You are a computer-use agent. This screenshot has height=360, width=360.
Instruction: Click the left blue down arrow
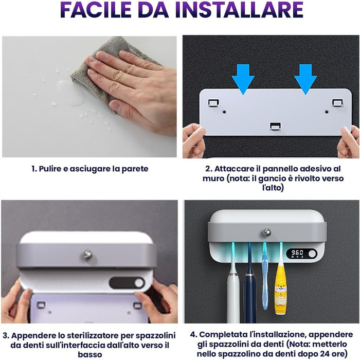pyautogui.click(x=243, y=79)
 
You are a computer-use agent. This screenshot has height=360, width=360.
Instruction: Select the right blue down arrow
pyautogui.click(x=305, y=79)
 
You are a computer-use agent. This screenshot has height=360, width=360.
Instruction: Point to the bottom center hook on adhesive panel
pyautogui.click(x=275, y=127)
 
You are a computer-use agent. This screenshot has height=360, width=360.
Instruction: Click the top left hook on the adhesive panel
pyautogui.click(x=213, y=103)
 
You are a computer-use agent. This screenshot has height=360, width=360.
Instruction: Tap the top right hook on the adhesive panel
pyautogui.click(x=338, y=103)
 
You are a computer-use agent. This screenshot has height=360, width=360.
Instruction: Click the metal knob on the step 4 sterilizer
pyautogui.click(x=267, y=232)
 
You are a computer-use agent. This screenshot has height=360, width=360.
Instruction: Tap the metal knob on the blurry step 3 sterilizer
pyautogui.click(x=87, y=254)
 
